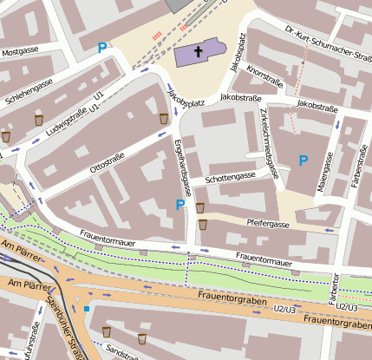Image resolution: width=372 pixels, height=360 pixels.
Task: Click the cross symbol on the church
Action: pyautogui.click(x=198, y=52)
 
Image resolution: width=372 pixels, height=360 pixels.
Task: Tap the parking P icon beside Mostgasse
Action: pyautogui.click(x=103, y=49)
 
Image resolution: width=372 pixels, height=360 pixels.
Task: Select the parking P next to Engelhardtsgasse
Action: pyautogui.click(x=180, y=205)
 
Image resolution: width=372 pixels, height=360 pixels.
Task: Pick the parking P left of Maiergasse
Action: pyautogui.click(x=303, y=160)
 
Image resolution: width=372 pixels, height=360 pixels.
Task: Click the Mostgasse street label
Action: pyautogui.click(x=21, y=52)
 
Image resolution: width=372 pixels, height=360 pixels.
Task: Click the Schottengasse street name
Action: pyautogui.click(x=230, y=177)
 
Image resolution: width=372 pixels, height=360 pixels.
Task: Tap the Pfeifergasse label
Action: pyautogui.click(x=268, y=223)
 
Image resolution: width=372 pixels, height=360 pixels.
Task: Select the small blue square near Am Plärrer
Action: pyautogui.click(x=87, y=308)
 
